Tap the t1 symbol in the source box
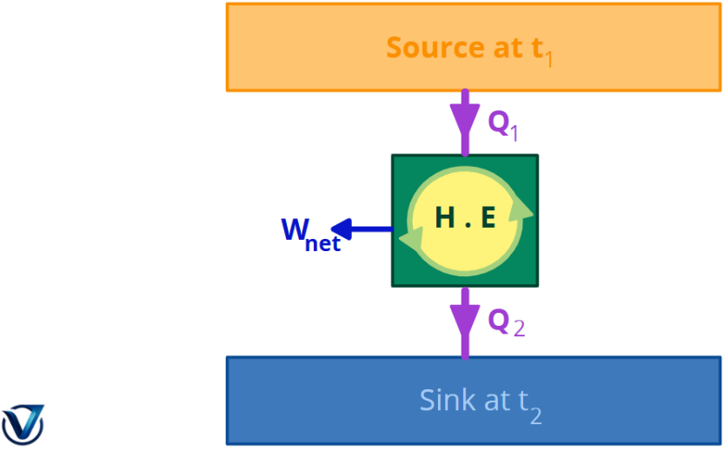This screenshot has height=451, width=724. point(541,50)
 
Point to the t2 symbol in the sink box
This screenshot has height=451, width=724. point(530,403)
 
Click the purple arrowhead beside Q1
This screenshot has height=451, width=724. point(465,116)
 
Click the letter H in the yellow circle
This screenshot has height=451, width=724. point(445,219)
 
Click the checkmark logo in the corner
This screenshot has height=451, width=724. point(23,423)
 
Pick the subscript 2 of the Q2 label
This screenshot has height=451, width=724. point(519,328)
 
